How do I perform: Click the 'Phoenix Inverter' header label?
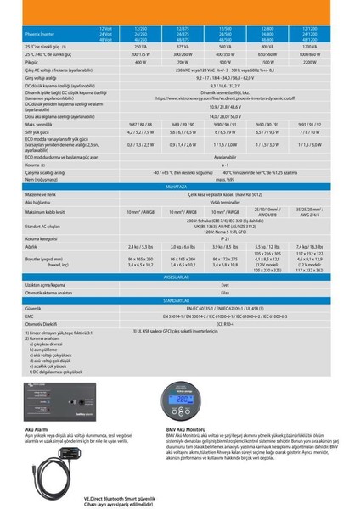coord(42,36)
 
